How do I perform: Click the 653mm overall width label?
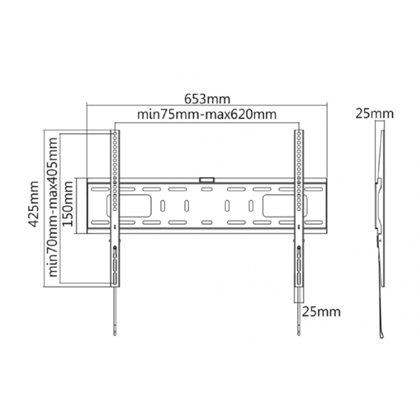[207, 99]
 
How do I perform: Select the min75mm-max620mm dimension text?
[207, 114]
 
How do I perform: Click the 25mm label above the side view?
[374, 113]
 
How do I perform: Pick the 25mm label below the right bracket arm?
[321, 311]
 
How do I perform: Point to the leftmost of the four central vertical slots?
[162, 205]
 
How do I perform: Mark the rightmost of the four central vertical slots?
[251, 205]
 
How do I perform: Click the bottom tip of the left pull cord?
[115, 332]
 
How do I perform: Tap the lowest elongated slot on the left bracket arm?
[115, 280]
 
